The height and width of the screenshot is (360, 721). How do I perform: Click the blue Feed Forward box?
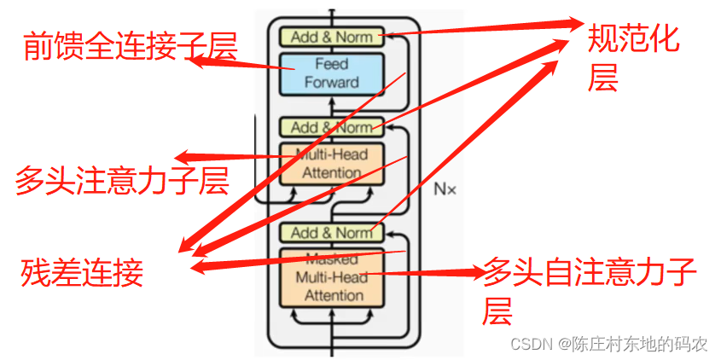[331, 73]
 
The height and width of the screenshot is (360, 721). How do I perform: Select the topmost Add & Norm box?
[331, 37]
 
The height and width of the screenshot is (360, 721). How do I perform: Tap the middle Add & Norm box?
[331, 127]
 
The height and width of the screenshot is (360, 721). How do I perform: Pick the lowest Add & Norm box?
[331, 233]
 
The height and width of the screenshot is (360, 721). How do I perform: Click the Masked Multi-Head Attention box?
[331, 277]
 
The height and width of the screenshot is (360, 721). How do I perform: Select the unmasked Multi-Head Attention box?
[331, 164]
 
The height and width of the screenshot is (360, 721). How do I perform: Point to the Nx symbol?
[445, 189]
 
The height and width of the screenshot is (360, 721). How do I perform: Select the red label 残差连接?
[82, 273]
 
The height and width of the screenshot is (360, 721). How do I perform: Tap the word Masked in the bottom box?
[331, 258]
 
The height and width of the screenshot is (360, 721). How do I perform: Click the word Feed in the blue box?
[331, 64]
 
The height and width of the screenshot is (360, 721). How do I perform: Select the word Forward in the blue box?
[331, 83]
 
